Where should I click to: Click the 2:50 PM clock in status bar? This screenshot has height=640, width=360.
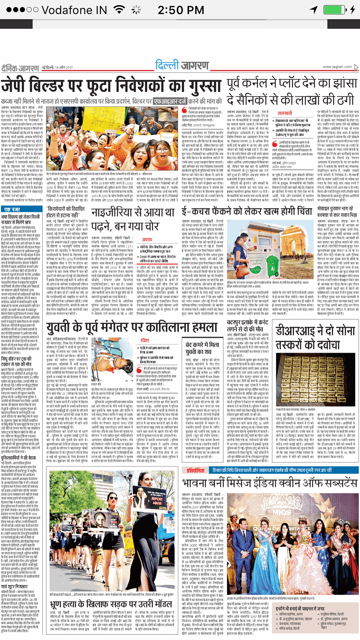[181, 10]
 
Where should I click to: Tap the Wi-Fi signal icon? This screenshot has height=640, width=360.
[119, 10]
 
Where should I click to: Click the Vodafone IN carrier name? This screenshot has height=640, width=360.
[74, 10]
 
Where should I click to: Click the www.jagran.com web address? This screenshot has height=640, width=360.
[337, 67]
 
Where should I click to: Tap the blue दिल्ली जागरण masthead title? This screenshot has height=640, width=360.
[182, 65]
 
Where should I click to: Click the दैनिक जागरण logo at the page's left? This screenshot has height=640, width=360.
[20, 68]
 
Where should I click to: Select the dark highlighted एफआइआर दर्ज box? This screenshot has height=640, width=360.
[169, 101]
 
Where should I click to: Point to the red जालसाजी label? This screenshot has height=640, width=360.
[285, 113]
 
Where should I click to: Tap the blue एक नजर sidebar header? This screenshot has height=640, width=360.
[12, 209]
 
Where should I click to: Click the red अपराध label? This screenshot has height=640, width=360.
[147, 240]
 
